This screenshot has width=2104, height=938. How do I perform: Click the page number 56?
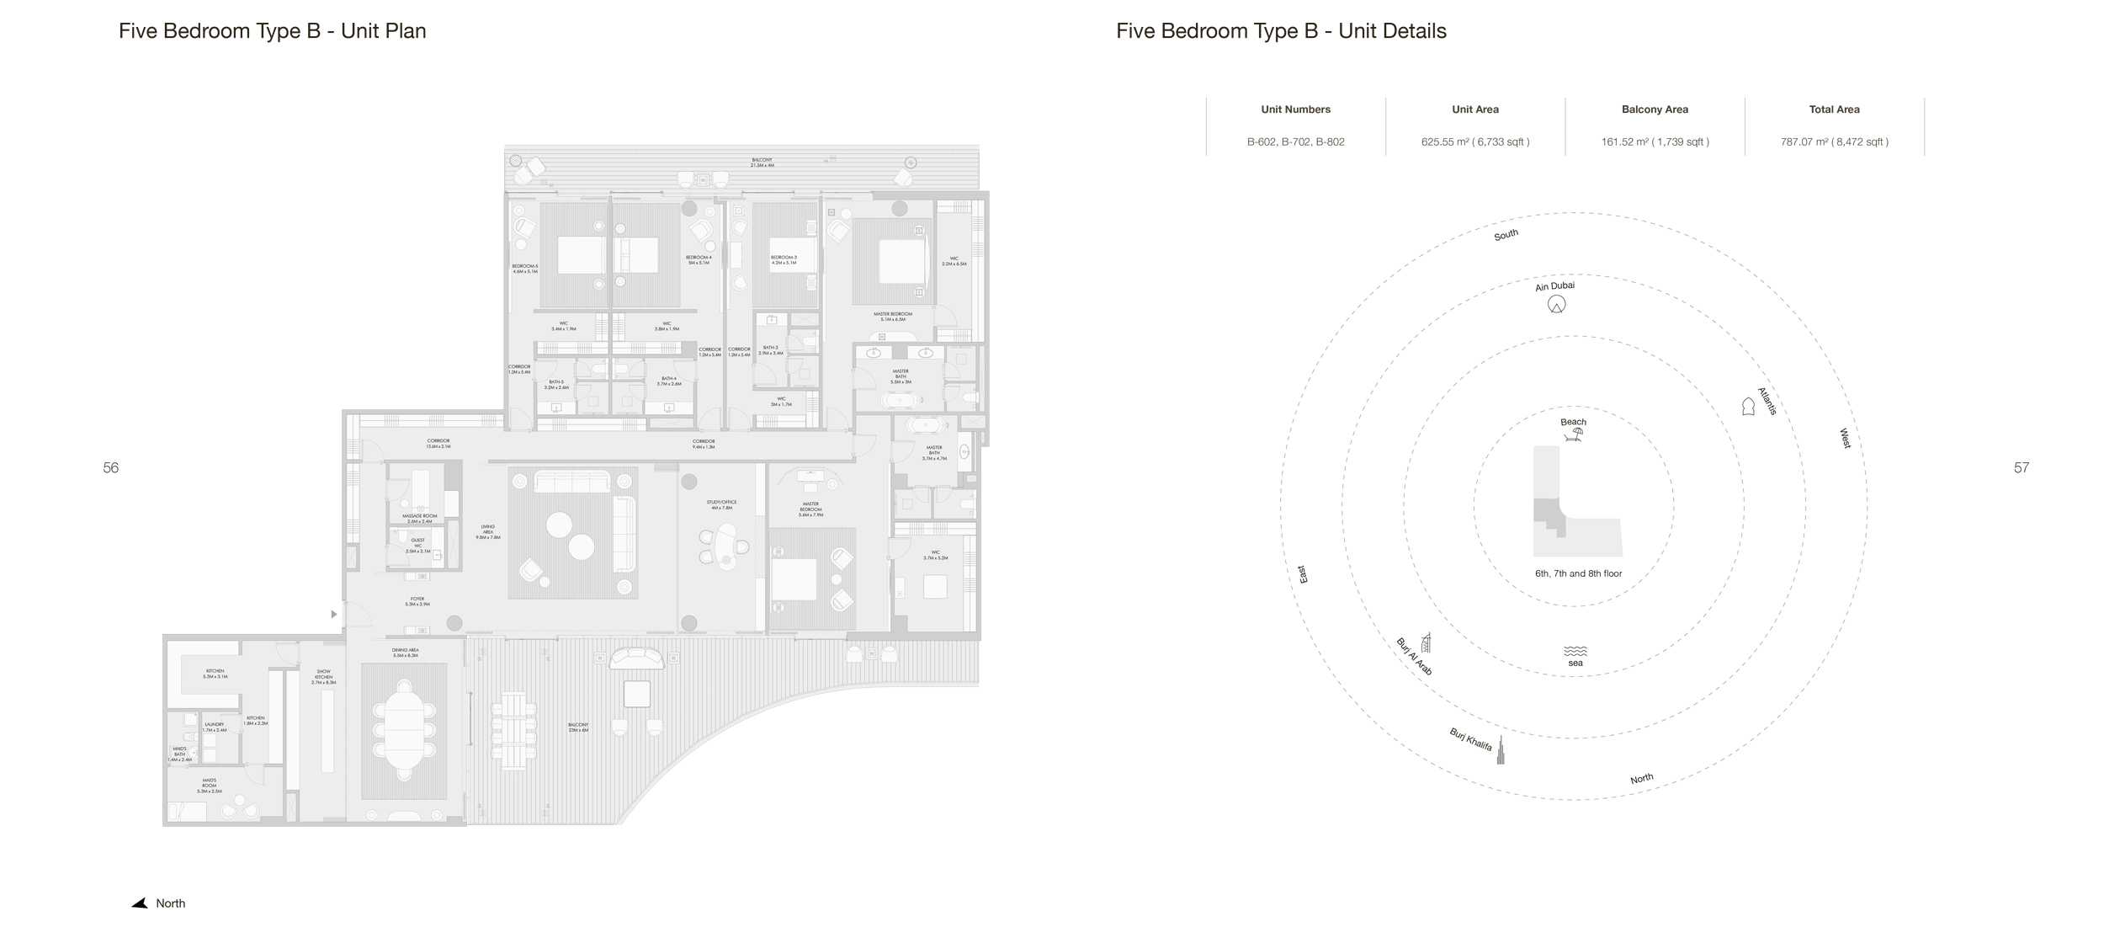[x=110, y=468]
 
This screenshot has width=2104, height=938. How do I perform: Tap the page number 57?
[x=2021, y=468]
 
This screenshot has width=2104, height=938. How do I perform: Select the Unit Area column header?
[x=1474, y=109]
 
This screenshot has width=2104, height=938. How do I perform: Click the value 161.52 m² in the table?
[x=1655, y=142]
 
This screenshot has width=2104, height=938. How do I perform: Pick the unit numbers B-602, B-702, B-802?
[x=1295, y=142]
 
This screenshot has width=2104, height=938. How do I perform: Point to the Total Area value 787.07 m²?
[x=1834, y=142]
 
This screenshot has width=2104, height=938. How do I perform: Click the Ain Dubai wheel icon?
[x=1556, y=305]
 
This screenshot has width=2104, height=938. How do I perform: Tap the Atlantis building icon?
[x=1748, y=407]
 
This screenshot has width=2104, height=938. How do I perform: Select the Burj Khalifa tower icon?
[x=1500, y=751]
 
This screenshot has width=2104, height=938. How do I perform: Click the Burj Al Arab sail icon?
[x=1426, y=642]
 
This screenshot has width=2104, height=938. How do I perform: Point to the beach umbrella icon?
[x=1573, y=434]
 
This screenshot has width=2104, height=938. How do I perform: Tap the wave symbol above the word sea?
[x=1575, y=651]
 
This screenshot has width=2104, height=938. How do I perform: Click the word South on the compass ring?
[x=1506, y=235]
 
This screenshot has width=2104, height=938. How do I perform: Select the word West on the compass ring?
[x=1845, y=438]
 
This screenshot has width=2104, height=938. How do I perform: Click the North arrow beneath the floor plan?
[x=140, y=903]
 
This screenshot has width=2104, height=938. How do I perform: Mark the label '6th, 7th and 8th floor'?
[x=1578, y=574]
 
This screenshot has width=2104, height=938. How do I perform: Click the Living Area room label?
[x=488, y=532]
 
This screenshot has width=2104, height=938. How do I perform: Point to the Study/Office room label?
[x=721, y=505]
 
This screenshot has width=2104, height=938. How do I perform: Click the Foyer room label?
[x=417, y=601]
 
